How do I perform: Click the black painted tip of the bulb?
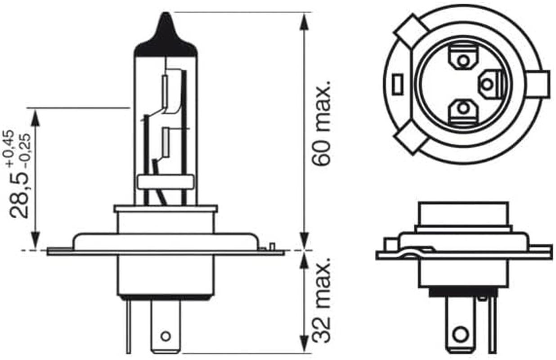[166, 38]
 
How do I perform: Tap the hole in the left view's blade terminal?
[166, 336]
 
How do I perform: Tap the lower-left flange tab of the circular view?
[410, 140]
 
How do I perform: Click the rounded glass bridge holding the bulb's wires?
[166, 182]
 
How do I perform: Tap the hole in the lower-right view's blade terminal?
[460, 334]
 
